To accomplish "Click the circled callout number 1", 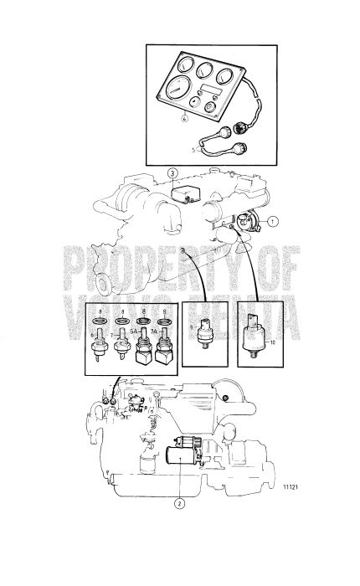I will (272, 223).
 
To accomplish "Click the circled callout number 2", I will (177, 503).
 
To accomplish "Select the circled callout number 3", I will (172, 175).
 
